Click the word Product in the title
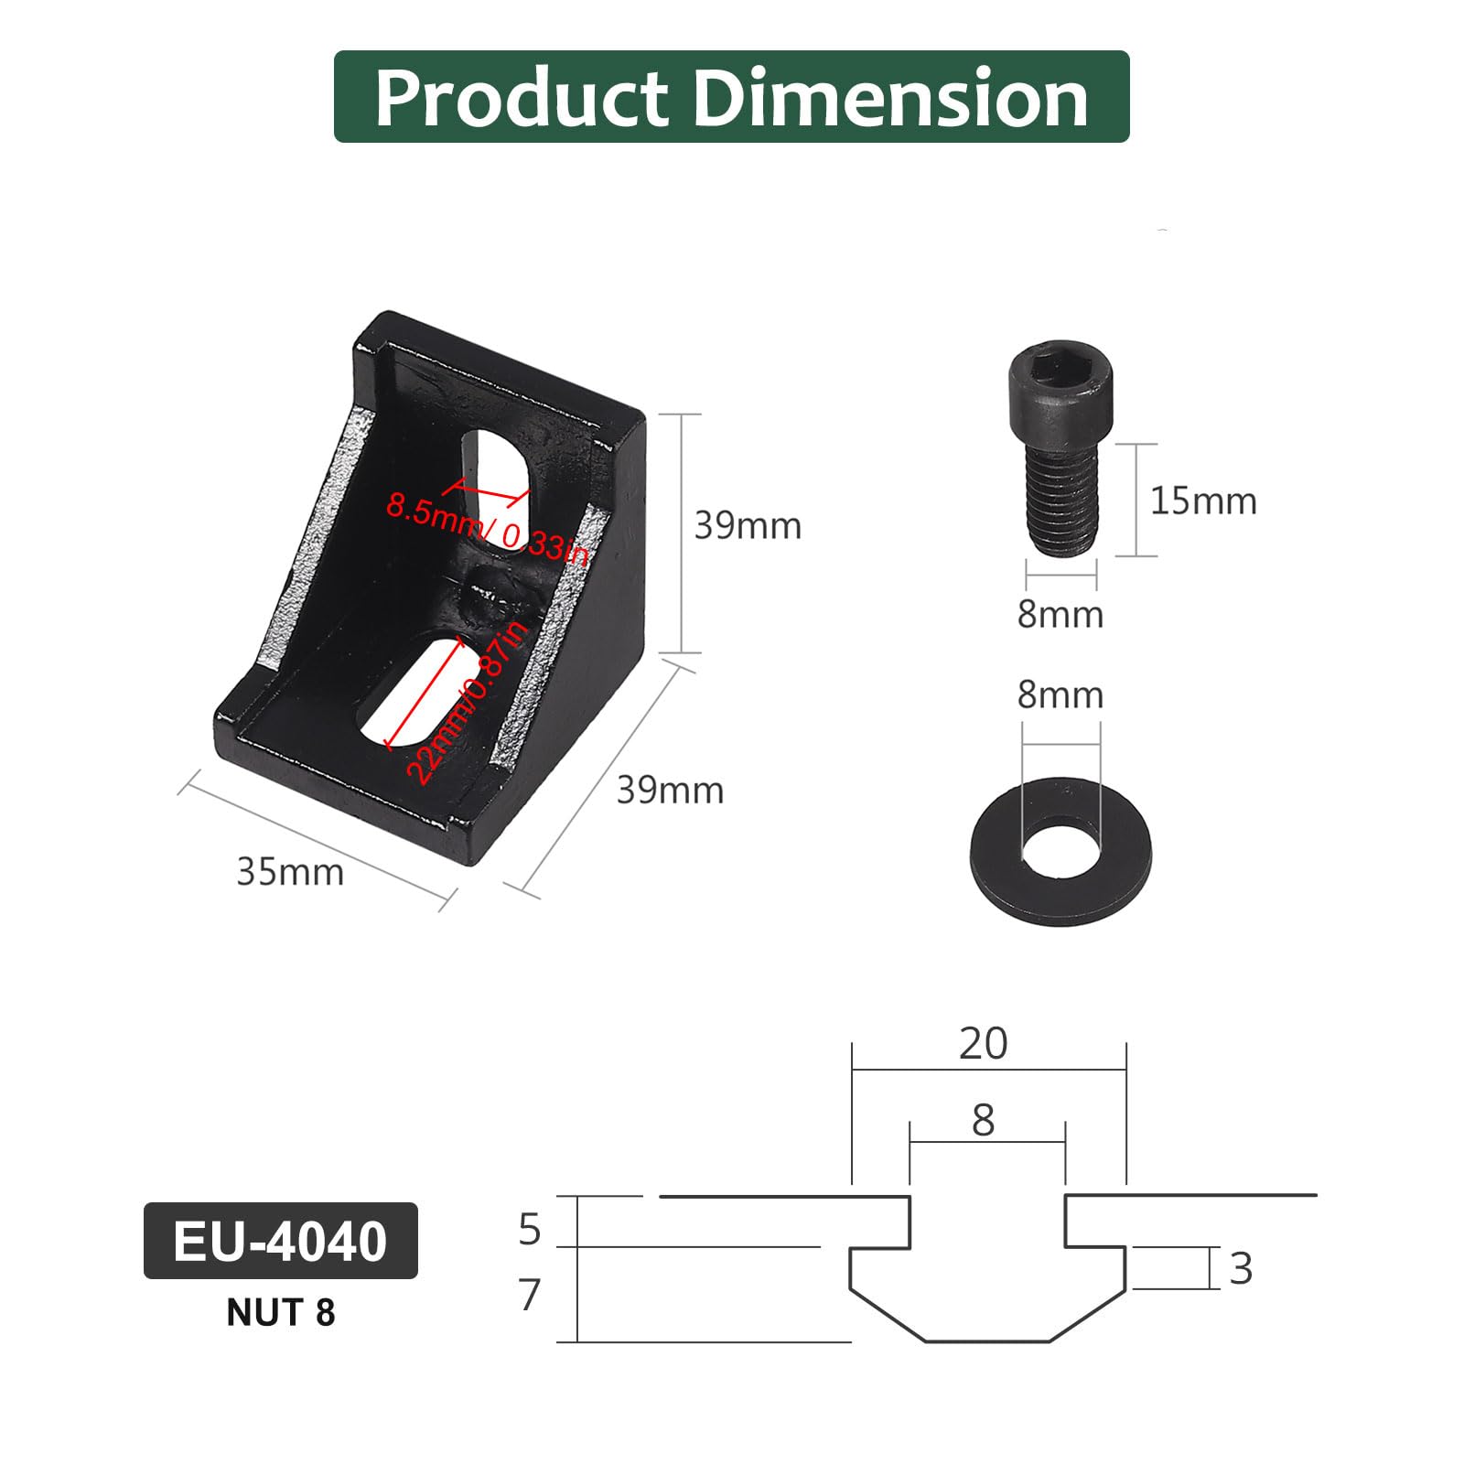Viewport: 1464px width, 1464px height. point(522,99)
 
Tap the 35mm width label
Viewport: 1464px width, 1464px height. point(290,872)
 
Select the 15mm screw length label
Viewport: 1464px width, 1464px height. point(1203,501)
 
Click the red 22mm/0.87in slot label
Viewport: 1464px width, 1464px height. point(467,702)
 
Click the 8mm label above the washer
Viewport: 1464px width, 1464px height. point(1060,695)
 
